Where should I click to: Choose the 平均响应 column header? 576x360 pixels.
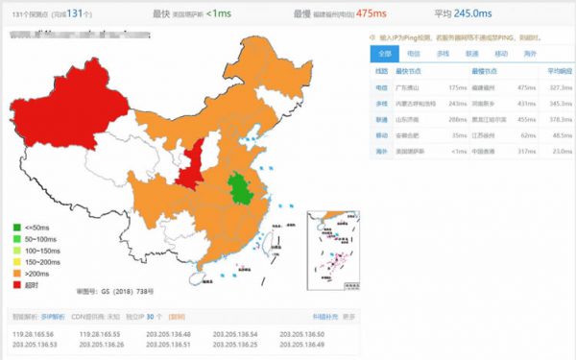[560, 71]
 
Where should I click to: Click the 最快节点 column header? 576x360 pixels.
[408, 71]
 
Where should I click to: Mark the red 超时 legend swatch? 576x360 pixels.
[16, 285]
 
